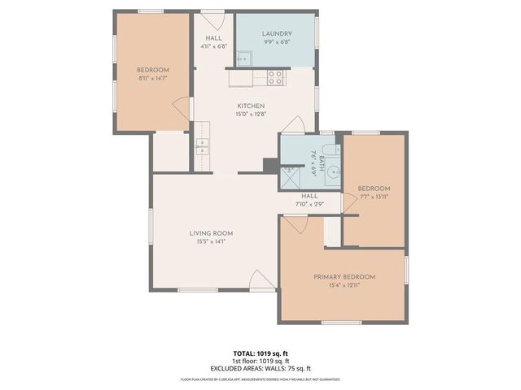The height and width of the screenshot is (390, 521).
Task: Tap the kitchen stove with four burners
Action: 276,78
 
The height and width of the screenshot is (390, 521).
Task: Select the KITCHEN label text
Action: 251,106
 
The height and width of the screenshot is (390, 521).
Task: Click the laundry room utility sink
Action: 243,57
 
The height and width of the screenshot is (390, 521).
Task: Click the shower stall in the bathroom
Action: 291,175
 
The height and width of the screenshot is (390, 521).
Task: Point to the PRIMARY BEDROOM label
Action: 344,277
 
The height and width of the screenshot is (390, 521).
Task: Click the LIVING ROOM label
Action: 211,232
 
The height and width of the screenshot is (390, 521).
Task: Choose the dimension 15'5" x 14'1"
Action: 211,241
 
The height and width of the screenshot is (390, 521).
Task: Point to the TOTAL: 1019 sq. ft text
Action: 260,353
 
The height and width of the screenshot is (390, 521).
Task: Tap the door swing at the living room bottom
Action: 261,279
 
